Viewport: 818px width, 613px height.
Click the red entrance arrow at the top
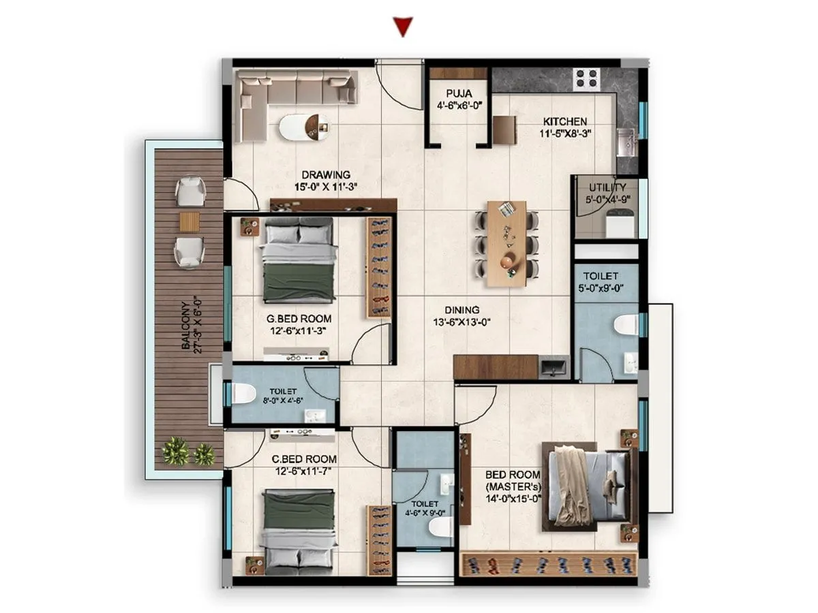pyautogui.click(x=404, y=27)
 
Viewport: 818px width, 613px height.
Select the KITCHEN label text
pyautogui.click(x=564, y=122)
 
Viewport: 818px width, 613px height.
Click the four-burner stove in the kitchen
pyautogui.click(x=586, y=78)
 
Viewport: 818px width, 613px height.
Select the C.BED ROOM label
pyautogui.click(x=293, y=460)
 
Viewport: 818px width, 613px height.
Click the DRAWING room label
pyautogui.click(x=327, y=174)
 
